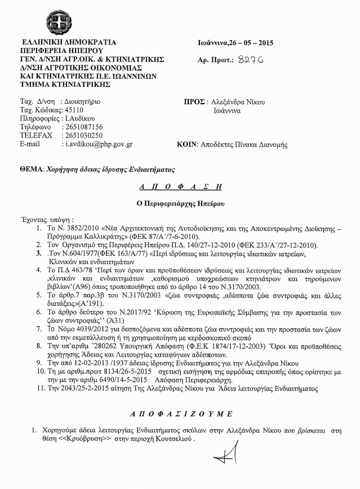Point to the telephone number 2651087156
(83, 127)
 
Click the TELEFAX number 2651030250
(83, 136)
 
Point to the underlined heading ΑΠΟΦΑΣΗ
(180, 186)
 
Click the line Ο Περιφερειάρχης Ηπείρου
(180, 202)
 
